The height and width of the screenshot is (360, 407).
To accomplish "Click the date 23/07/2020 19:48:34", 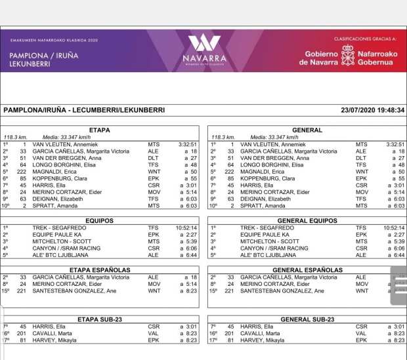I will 373,110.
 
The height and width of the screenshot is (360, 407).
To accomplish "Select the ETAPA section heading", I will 99,130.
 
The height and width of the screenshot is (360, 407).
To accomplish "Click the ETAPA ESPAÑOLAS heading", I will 99,270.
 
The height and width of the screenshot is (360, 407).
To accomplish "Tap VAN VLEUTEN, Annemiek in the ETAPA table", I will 62,144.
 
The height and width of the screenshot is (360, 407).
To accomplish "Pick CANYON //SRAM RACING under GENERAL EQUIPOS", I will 271,249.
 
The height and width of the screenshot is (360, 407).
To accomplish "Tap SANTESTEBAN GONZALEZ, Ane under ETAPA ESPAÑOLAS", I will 74,290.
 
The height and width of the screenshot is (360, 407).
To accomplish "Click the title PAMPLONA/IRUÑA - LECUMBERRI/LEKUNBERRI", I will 84,110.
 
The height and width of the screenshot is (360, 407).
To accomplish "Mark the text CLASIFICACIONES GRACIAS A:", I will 363,39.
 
